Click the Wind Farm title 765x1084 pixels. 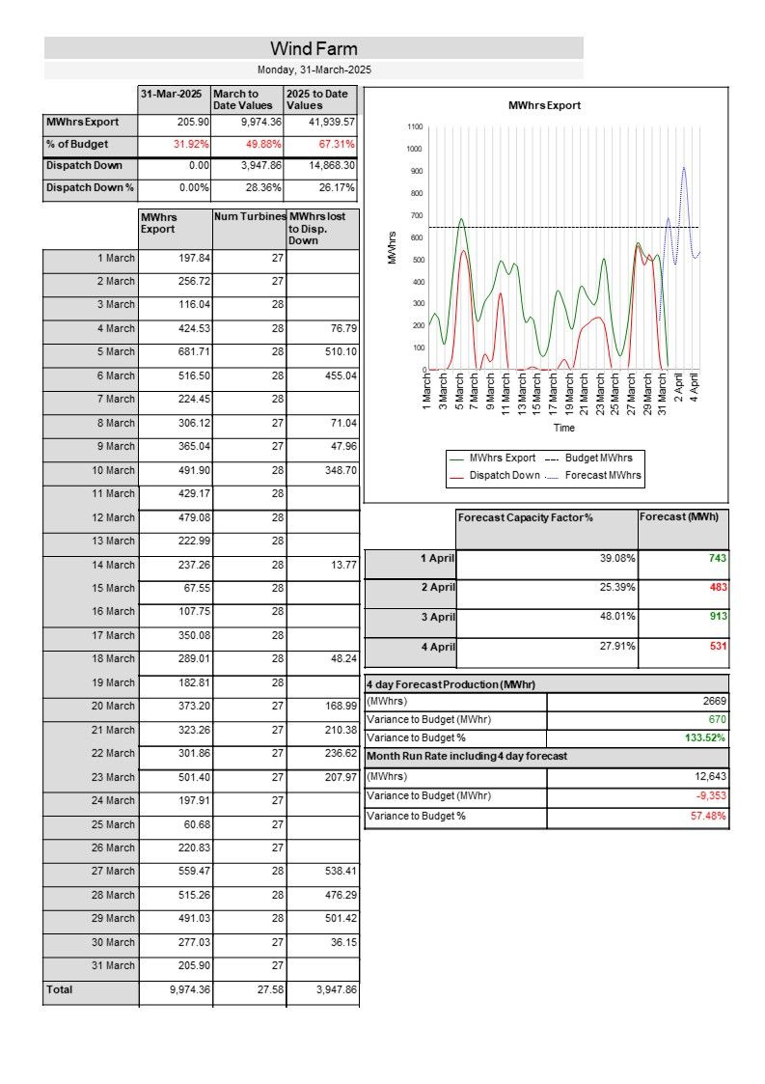[314, 48]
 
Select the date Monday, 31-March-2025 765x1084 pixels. [314, 69]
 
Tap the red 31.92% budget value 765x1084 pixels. [191, 144]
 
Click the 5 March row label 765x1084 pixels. [115, 352]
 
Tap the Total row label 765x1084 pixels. [59, 989]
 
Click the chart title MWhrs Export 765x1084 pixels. [544, 105]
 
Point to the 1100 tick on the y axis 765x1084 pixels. [415, 126]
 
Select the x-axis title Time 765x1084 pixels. [564, 428]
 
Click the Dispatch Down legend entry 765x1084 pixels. [504, 475]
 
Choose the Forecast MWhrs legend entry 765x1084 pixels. [602, 475]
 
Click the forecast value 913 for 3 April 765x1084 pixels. [717, 616]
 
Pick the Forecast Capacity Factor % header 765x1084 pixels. [525, 518]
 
